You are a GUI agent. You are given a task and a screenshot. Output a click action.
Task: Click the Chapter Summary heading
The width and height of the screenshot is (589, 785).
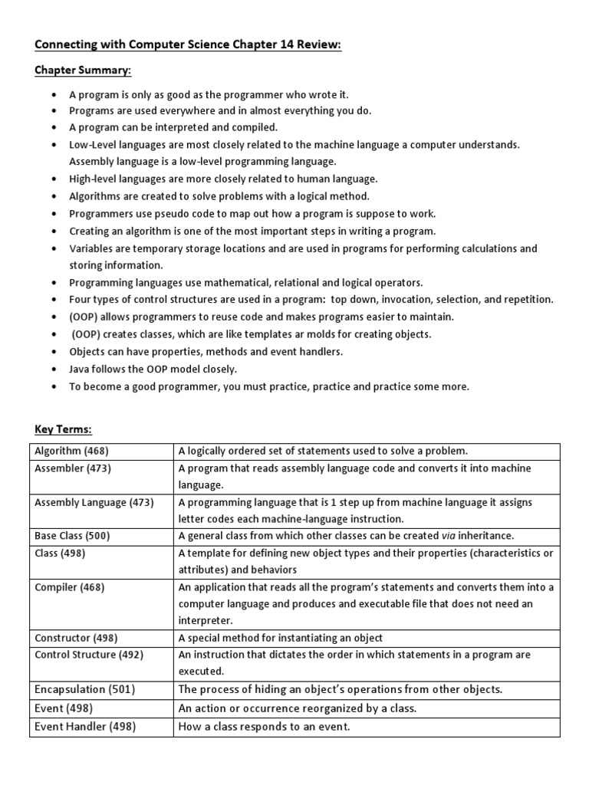click(x=83, y=71)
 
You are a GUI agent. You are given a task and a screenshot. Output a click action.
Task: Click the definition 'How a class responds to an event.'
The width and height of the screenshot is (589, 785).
click(x=264, y=726)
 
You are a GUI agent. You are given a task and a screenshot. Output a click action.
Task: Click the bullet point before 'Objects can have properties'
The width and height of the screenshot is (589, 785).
click(x=53, y=352)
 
